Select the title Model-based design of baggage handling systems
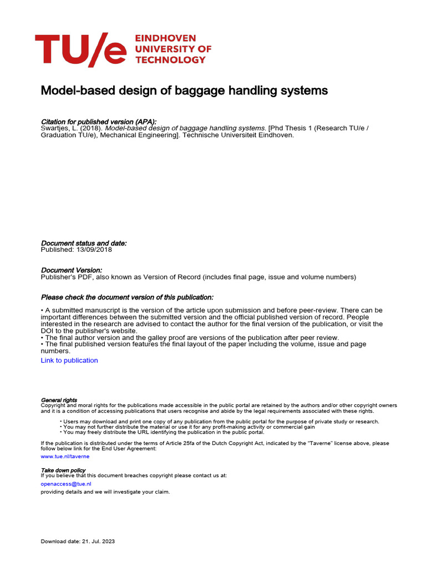tap(184, 90)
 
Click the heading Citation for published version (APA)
tap(99, 121)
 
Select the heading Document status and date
tap(84, 243)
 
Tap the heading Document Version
tap(72, 270)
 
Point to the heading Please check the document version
tap(127, 297)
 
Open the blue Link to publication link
tap(69, 361)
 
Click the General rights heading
tap(59, 400)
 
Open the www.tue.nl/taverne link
tap(65, 457)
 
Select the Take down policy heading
tap(63, 470)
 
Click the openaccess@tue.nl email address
tap(66, 484)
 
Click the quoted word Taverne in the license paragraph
tap(315, 444)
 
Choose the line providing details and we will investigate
tap(105, 492)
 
